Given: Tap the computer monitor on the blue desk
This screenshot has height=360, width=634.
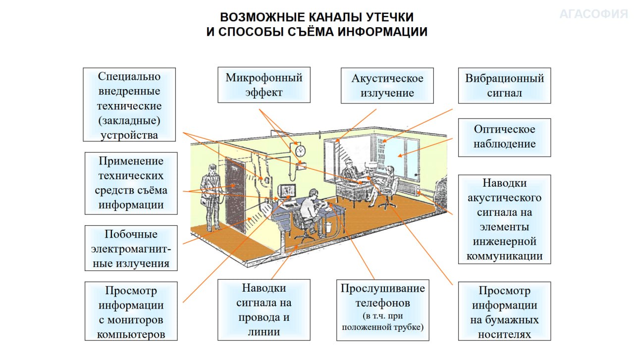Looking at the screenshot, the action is [287, 191].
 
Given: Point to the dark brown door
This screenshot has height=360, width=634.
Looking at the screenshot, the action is [235, 195].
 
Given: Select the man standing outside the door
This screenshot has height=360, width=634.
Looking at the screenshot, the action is [211, 197].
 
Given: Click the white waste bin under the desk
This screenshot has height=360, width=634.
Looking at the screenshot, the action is [328, 228].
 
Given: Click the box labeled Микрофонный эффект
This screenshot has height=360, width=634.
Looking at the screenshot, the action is [264, 85].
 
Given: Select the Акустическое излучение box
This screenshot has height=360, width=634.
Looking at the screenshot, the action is [387, 86].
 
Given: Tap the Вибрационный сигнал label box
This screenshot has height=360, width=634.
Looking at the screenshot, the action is [504, 86].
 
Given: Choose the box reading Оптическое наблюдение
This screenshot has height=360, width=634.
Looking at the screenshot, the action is [504, 138].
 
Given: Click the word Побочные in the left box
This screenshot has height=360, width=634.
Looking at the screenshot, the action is [131, 234].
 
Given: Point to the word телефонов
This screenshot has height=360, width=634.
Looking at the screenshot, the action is [383, 303].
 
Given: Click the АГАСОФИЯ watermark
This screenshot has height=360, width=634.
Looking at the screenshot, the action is [594, 14].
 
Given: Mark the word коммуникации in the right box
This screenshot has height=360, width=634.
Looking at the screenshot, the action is [504, 256].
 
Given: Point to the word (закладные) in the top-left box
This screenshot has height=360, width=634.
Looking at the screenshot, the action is [129, 121].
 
